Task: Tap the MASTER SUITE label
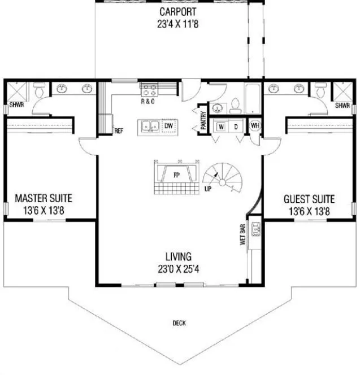click(x=44, y=199)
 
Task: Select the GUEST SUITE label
click(x=309, y=199)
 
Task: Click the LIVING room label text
click(x=178, y=256)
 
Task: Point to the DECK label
click(x=179, y=324)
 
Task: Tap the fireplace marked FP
click(x=176, y=173)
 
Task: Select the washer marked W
click(x=220, y=127)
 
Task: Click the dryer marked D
click(x=236, y=127)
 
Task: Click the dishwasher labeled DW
click(x=168, y=126)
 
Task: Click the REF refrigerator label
click(x=119, y=130)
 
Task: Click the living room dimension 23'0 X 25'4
click(x=178, y=268)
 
